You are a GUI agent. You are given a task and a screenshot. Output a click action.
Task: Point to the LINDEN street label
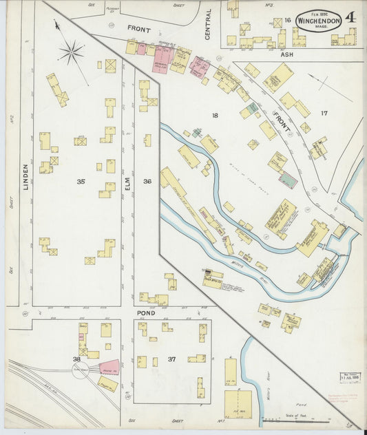coord(25,177)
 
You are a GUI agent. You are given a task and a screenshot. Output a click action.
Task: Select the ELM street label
coord(127,183)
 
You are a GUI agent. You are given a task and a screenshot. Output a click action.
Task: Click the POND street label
coord(148,311)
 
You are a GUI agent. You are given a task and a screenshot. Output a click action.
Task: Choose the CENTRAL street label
coord(207,23)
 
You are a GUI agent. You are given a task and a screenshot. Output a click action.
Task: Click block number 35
coord(81,182)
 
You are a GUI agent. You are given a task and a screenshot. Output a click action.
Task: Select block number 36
coord(147,182)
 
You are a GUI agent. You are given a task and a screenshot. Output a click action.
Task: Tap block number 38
coord(78,359)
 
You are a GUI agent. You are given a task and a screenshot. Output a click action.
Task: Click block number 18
coord(215,116)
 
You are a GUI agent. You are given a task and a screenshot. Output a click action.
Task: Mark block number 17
coord(324,113)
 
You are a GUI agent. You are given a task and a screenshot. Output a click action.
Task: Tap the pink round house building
coord(108,368)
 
